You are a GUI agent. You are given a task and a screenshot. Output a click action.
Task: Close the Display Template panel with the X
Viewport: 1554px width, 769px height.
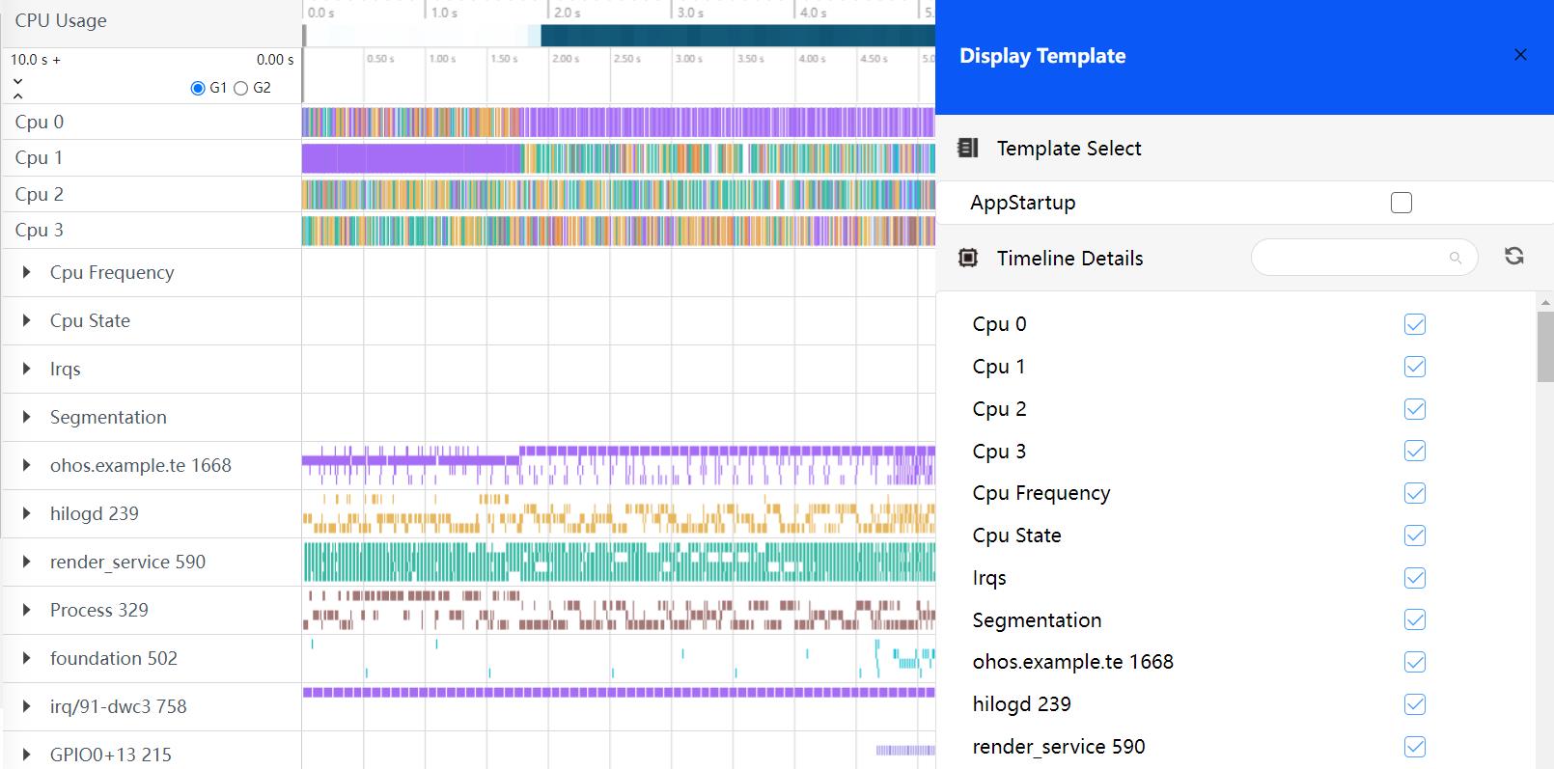1520,55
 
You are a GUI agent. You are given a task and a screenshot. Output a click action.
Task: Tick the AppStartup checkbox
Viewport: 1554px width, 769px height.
1401,203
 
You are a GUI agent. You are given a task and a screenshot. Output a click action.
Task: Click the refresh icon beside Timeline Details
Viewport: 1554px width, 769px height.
1513,256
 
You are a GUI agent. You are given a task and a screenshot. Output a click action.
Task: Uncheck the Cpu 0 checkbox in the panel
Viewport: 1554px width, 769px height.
1415,324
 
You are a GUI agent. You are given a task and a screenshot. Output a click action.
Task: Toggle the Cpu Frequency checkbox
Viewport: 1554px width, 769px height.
1415,493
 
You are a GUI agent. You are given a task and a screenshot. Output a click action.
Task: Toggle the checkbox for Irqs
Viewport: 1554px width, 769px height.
1415,578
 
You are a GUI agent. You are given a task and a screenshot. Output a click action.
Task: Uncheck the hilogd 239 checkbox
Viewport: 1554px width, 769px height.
1415,704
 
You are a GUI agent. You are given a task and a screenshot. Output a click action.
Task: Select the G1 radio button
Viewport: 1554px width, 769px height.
198,88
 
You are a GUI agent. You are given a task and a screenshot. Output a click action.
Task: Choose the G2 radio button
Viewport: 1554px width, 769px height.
241,88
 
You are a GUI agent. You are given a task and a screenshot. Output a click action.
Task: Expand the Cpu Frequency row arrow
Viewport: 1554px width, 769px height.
27,272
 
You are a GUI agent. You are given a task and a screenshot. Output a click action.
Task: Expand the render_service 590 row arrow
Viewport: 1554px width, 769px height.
27,562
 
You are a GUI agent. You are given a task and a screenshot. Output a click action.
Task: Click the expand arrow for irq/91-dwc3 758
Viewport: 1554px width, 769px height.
27,706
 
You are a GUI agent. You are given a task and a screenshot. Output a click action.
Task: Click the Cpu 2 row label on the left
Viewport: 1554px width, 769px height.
40,194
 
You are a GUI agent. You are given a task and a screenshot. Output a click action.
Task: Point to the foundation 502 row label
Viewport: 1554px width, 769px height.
114,658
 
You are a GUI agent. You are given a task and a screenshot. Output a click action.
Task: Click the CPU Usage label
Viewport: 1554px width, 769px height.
61,21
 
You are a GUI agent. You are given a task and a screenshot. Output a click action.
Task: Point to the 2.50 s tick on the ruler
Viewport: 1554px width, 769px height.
626,59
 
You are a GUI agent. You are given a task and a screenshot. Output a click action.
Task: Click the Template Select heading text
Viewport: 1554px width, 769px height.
1068,149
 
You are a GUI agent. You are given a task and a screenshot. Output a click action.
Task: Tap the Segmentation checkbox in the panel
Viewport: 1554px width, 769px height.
1415,619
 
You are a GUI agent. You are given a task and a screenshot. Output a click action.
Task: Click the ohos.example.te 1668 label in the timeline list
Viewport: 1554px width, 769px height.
141,465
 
